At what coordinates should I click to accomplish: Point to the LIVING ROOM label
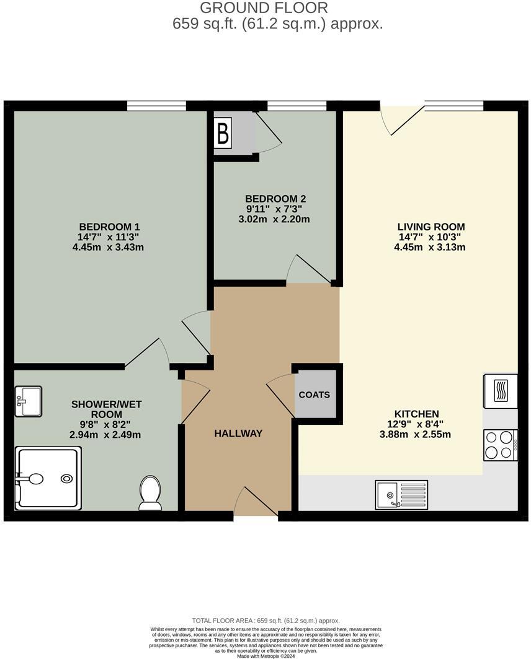(x=430, y=227)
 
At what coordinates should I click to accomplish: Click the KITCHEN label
(x=416, y=414)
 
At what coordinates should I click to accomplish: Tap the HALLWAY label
(x=238, y=434)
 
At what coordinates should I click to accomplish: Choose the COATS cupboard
(x=315, y=395)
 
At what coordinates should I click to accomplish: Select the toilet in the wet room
(x=150, y=492)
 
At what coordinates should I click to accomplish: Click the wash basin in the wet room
(x=28, y=401)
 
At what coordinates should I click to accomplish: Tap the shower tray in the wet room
(x=48, y=479)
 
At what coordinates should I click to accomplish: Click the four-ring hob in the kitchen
(x=500, y=445)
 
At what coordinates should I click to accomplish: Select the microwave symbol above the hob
(x=500, y=391)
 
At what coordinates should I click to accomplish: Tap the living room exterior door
(x=401, y=119)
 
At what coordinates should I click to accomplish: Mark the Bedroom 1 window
(x=156, y=105)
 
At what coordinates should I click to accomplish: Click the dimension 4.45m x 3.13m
(x=430, y=247)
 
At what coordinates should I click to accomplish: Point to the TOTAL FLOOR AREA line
(x=265, y=621)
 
